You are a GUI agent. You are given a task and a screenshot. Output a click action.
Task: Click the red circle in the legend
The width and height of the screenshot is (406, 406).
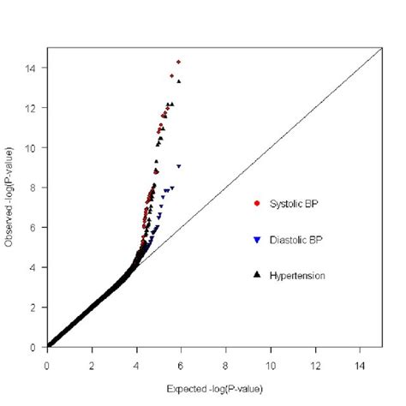(x=257, y=203)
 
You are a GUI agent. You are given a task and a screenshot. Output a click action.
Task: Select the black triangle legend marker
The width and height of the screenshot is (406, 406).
(x=257, y=275)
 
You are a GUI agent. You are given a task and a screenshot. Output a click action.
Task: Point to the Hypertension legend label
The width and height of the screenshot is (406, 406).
(x=298, y=275)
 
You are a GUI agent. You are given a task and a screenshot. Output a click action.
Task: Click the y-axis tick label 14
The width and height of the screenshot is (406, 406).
(x=33, y=68)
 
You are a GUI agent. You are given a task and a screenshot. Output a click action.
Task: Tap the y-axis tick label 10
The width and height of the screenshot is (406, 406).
(x=33, y=147)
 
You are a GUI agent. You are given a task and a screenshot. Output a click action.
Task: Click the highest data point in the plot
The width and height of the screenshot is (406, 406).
(x=178, y=62)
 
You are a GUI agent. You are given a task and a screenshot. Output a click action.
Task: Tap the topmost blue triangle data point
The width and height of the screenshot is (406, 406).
(x=179, y=166)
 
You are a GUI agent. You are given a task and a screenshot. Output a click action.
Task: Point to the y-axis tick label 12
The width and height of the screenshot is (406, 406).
(x=33, y=108)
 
